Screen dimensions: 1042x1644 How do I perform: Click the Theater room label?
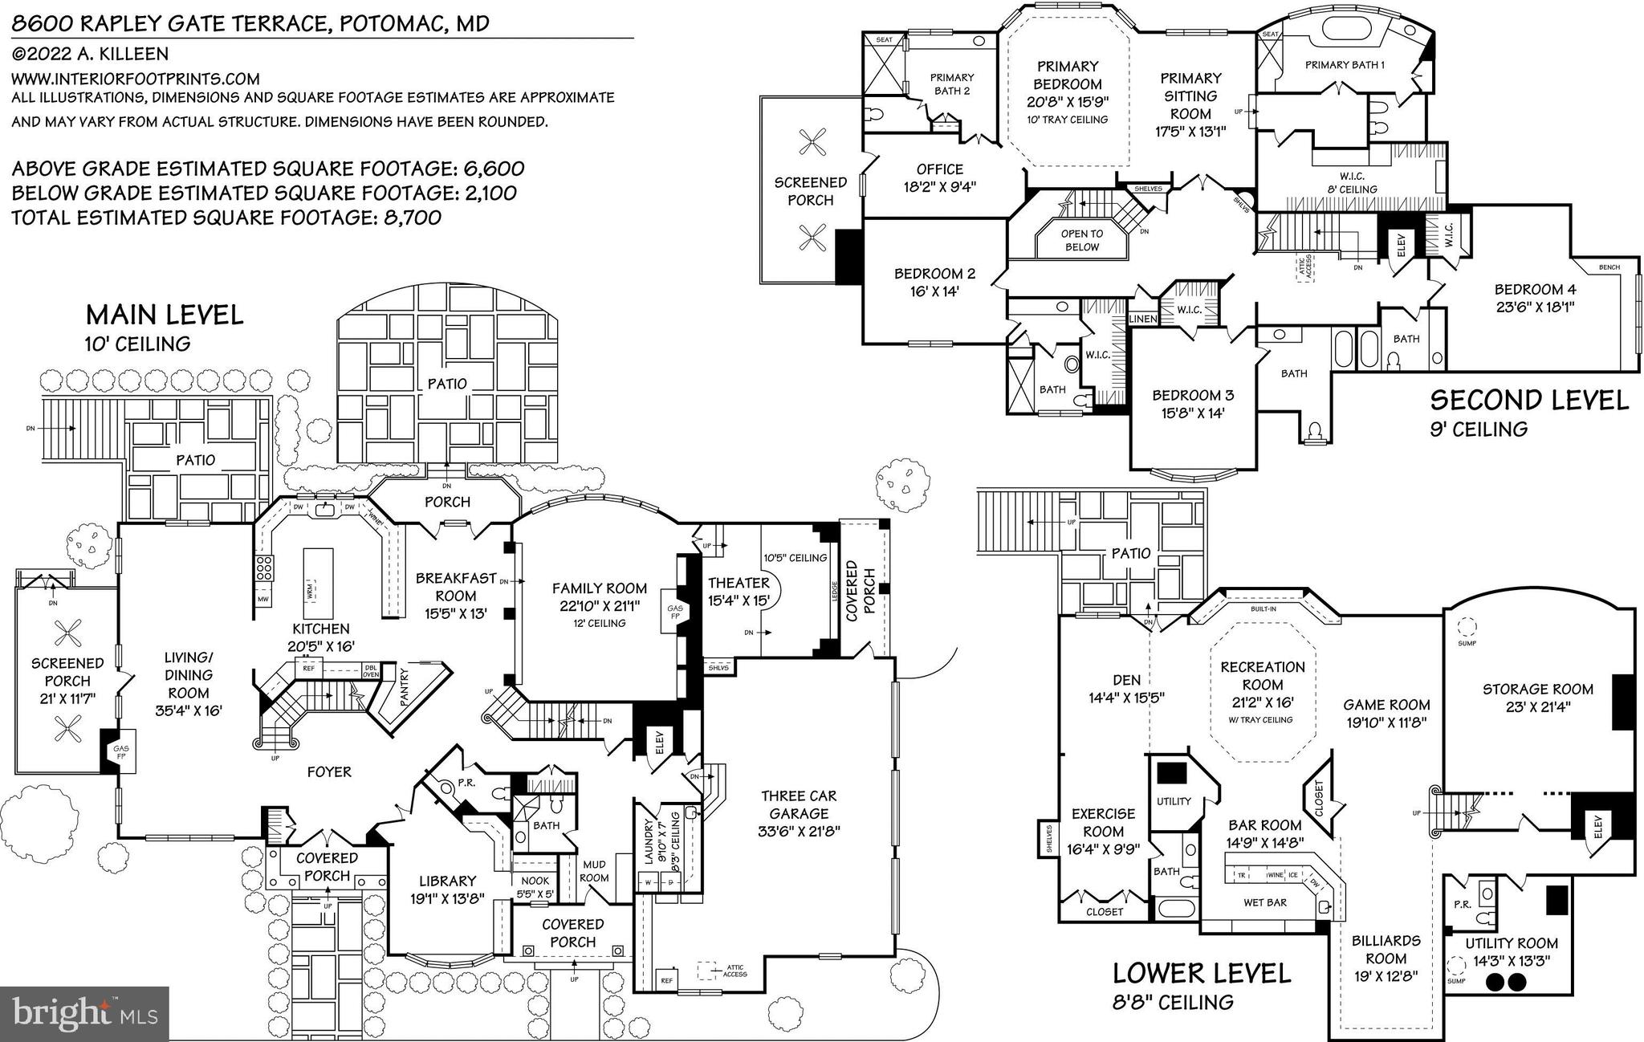pyautogui.click(x=739, y=583)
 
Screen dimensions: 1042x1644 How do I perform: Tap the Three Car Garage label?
pyautogui.click(x=799, y=804)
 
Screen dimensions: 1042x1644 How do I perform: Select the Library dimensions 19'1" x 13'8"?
pyautogui.click(x=447, y=898)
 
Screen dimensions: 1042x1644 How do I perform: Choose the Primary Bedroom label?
pyautogui.click(x=1067, y=75)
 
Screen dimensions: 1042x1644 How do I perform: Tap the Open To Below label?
pyautogui.click(x=1081, y=240)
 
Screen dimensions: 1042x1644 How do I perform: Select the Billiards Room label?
pyautogui.click(x=1386, y=949)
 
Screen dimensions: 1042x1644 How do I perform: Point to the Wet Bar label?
pyautogui.click(x=1264, y=902)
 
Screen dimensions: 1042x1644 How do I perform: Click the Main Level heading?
pyautogui.click(x=165, y=315)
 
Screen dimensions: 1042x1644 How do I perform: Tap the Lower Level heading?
pyautogui.click(x=1201, y=974)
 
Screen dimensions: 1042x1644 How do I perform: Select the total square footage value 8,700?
pyautogui.click(x=409, y=218)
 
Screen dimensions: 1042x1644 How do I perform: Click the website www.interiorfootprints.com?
pyautogui.click(x=136, y=79)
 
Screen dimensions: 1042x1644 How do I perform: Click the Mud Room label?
pyautogui.click(x=594, y=871)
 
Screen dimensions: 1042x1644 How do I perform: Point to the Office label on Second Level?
pyautogui.click(x=939, y=169)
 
